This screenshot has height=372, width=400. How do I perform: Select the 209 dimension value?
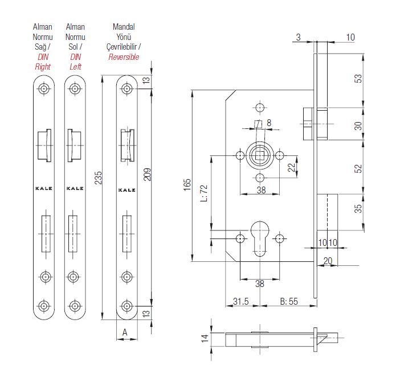[x=147, y=173]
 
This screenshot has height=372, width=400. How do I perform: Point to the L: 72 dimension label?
[x=203, y=192]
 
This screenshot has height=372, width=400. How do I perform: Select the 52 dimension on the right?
[x=358, y=169]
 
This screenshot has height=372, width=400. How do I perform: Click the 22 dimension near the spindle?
[x=291, y=167]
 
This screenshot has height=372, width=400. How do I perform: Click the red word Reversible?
[x=124, y=58]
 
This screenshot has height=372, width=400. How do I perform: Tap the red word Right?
[x=43, y=67]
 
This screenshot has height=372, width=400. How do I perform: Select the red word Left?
[x=75, y=67]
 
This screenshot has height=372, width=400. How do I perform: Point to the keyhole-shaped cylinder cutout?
[x=260, y=240]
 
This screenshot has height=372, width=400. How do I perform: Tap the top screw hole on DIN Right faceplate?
[x=44, y=89]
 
